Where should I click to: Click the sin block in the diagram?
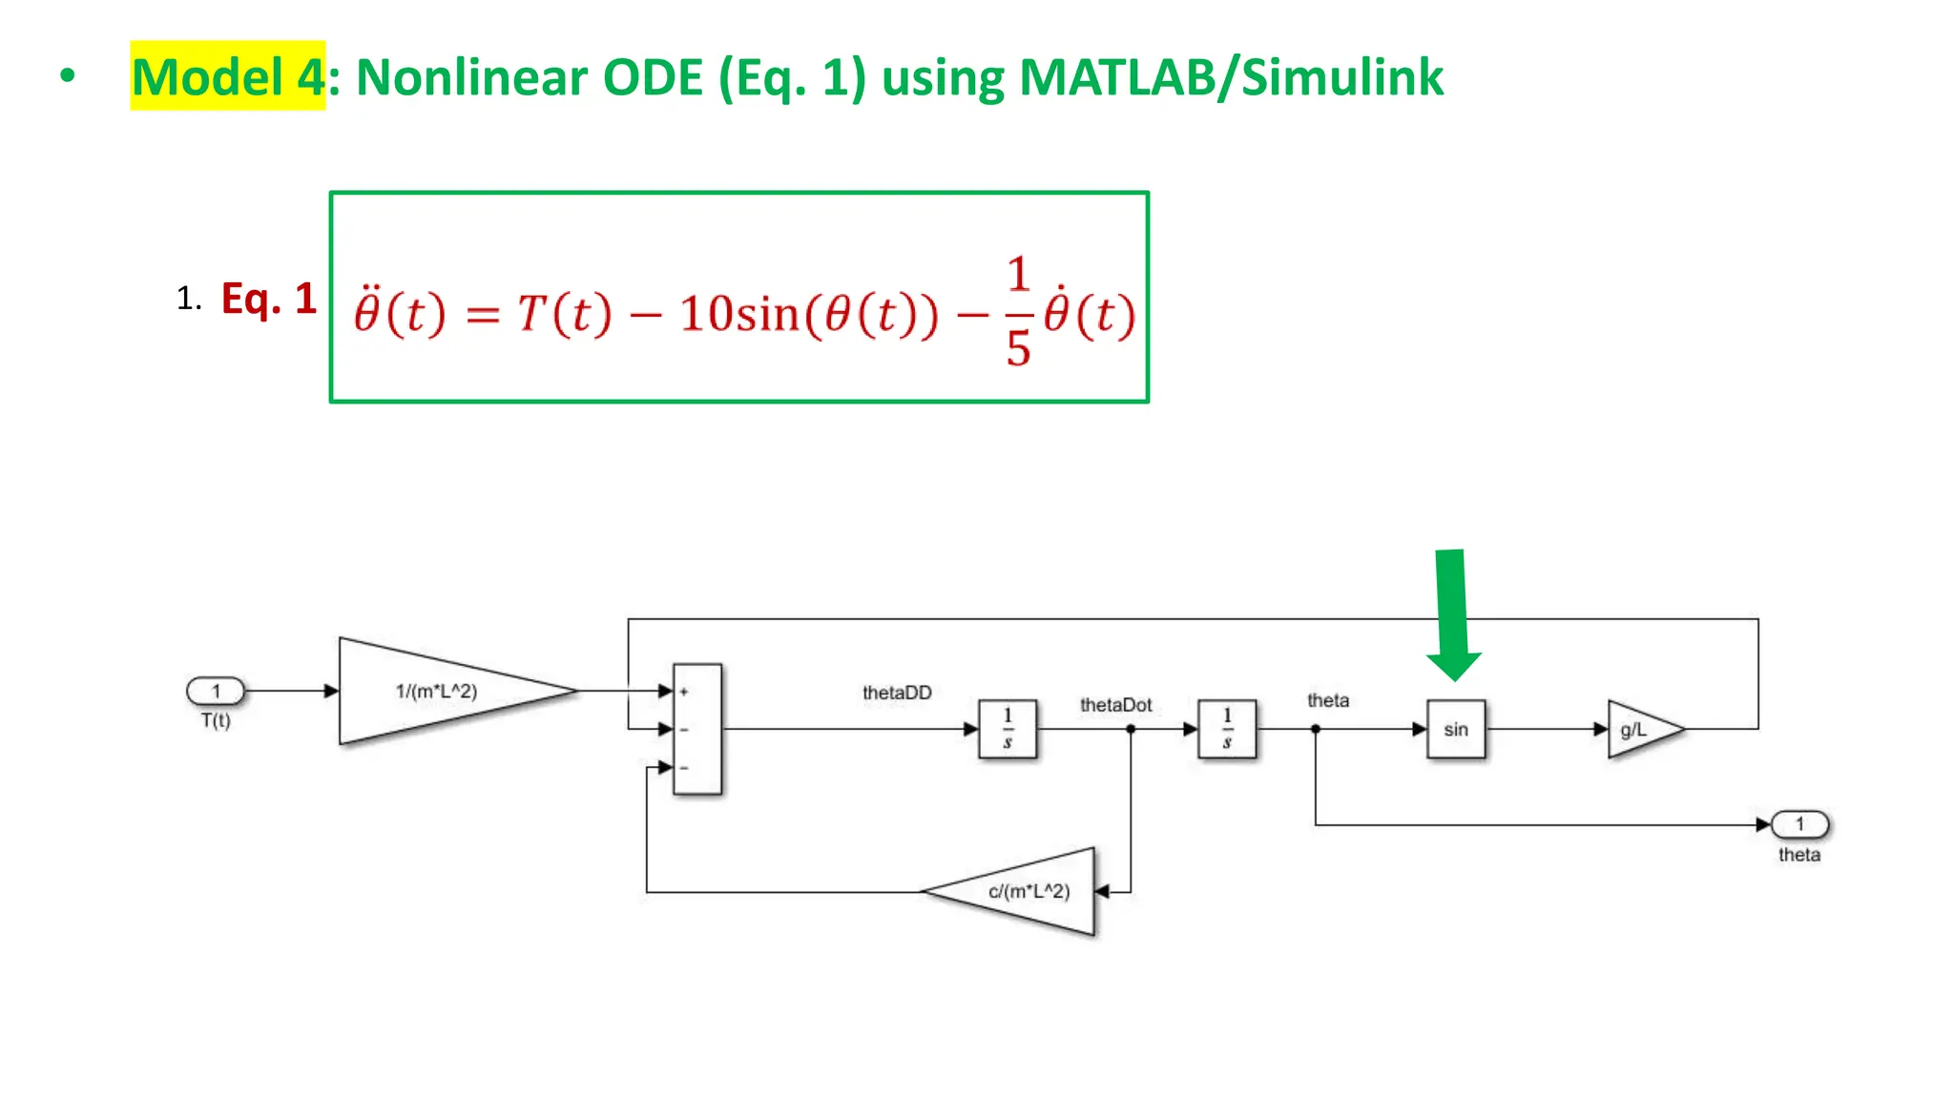coord(1455,729)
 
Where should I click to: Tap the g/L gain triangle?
coord(1638,730)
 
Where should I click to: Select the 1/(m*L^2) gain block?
coord(439,691)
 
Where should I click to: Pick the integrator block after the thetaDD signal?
coord(1007,729)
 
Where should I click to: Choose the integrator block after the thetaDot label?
coord(1227,729)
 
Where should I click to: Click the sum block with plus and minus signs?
coord(697,729)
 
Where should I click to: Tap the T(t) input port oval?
coord(216,691)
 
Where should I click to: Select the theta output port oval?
coord(1799,823)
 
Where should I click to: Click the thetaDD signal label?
coord(897,693)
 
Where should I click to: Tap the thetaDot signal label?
coord(1115,705)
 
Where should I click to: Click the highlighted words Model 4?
coord(229,76)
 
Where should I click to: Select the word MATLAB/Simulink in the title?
coord(1231,77)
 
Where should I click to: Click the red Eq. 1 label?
coord(268,299)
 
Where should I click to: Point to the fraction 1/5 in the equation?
coord(1018,312)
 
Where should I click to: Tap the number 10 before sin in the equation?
coord(707,314)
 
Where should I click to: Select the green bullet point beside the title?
coord(67,76)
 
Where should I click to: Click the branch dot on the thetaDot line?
coord(1131,729)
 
